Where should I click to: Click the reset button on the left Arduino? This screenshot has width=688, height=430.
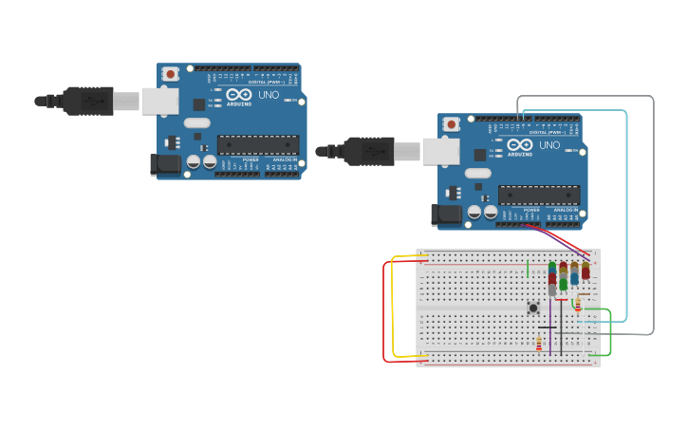click(x=170, y=73)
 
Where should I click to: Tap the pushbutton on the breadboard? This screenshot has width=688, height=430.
click(x=533, y=308)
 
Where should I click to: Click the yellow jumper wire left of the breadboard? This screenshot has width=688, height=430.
click(x=392, y=304)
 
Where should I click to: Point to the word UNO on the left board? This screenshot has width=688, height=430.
click(x=269, y=95)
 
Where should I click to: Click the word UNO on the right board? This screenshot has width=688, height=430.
click(x=549, y=145)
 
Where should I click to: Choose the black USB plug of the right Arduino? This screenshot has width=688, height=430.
click(x=368, y=150)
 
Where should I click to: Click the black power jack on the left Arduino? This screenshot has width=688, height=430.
click(x=166, y=164)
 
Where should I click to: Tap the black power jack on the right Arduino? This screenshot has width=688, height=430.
click(x=447, y=215)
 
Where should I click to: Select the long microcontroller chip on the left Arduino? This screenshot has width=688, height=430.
click(x=258, y=144)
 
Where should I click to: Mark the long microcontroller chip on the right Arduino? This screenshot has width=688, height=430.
click(x=539, y=195)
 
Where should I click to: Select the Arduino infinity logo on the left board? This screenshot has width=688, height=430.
click(x=239, y=95)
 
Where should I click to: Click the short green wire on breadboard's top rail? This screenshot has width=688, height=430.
click(x=528, y=268)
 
